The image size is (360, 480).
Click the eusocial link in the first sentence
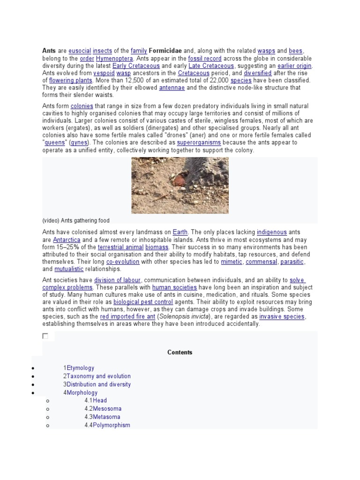[x=80, y=51]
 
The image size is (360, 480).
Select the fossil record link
[x=204, y=59]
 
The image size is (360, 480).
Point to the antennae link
[x=172, y=88]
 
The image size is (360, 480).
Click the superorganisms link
[x=199, y=142]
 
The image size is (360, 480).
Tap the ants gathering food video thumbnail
[x=180, y=185]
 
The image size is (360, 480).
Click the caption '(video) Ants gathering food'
[x=76, y=220]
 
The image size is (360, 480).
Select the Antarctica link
[x=66, y=240]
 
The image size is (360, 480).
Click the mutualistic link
[x=69, y=269]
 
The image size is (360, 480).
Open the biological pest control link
[x=140, y=302]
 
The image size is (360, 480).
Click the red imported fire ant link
[x=127, y=317]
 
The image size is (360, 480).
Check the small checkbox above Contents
[x=45, y=336]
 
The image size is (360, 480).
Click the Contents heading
[x=180, y=352]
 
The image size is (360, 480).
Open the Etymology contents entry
[x=80, y=368]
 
